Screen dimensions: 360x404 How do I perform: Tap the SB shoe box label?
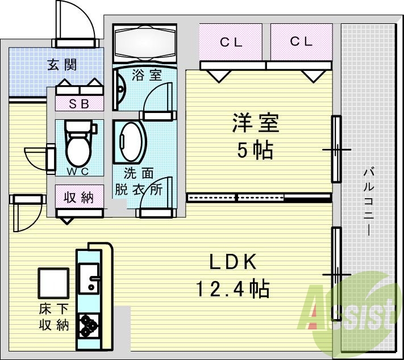79,103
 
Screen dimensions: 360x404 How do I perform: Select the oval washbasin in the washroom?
131,142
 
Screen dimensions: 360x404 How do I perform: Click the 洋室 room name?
255,124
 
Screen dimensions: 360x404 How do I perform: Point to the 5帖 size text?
255,150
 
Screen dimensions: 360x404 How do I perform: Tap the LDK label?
234,262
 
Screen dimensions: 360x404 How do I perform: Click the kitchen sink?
89,278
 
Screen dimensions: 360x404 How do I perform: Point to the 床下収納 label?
54,317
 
